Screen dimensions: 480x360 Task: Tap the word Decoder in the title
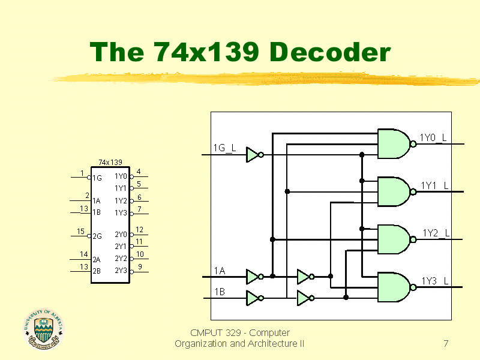tap(330, 52)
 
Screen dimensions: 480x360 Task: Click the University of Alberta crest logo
tap(44, 329)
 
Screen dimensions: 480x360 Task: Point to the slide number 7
tap(446, 343)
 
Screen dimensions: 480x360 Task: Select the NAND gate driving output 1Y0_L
tap(394, 144)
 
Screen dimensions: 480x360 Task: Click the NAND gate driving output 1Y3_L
tap(394, 287)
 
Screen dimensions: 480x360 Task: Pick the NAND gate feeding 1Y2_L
tap(394, 239)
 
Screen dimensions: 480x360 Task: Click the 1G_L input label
tap(224, 148)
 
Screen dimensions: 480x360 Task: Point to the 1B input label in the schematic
tap(220, 292)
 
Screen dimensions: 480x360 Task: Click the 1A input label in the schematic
tap(220, 271)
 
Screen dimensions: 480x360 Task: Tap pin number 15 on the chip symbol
tap(80, 232)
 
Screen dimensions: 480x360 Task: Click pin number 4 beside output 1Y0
tap(139, 172)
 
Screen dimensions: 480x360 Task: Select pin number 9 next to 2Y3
tap(140, 266)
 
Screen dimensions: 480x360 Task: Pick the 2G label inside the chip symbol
tap(97, 236)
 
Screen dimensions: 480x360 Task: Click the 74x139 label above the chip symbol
tap(110, 162)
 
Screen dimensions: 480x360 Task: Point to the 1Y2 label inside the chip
tap(121, 201)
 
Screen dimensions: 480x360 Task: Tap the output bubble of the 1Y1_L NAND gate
tap(413, 192)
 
